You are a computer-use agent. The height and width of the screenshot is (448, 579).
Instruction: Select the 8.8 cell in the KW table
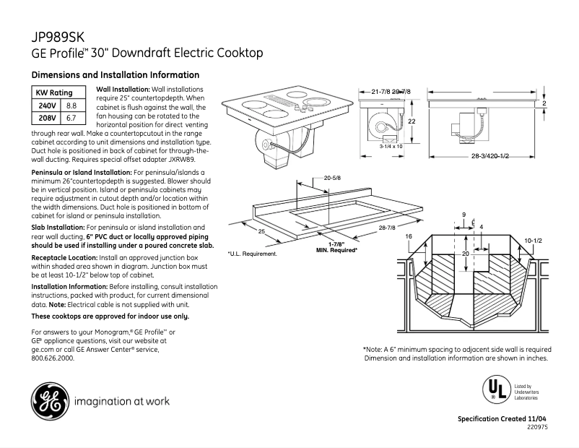click(x=71, y=105)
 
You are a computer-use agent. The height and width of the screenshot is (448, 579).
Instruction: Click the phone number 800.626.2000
click(x=53, y=358)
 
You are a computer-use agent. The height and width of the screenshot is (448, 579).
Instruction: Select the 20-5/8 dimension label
click(x=332, y=177)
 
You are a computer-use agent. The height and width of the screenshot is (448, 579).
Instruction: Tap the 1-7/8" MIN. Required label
click(x=337, y=246)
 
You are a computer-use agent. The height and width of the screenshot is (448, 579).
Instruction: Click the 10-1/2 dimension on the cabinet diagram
click(x=533, y=239)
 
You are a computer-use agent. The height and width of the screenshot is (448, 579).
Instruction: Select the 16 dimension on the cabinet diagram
click(x=409, y=237)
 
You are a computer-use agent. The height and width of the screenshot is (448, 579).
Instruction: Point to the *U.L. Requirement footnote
click(x=252, y=254)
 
